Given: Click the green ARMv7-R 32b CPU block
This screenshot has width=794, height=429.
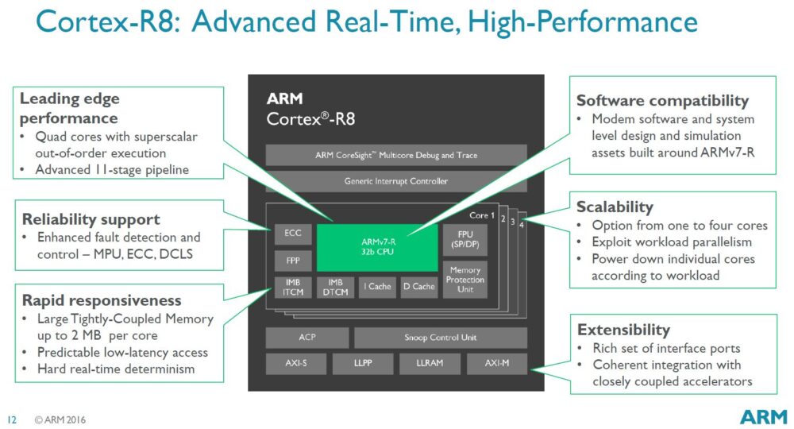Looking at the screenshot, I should coord(377,247).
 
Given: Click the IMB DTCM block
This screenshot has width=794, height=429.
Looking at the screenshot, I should coord(335,287).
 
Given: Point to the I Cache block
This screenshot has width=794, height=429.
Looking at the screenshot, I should coord(377,287).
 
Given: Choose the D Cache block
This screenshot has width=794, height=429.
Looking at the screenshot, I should coord(418,287).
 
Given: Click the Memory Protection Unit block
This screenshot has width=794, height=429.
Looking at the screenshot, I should coord(465,280).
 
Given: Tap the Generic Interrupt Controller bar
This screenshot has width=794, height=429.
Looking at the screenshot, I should coord(395,181).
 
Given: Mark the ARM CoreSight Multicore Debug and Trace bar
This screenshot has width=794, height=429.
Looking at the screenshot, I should coord(395,155).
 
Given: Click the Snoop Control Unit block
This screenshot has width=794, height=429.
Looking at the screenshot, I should coord(440,338).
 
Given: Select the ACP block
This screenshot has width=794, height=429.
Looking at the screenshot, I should coord(306,338).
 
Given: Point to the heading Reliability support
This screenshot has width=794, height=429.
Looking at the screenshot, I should coord(91,219).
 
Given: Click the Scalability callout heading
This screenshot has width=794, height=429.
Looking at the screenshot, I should coord(615,207).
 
